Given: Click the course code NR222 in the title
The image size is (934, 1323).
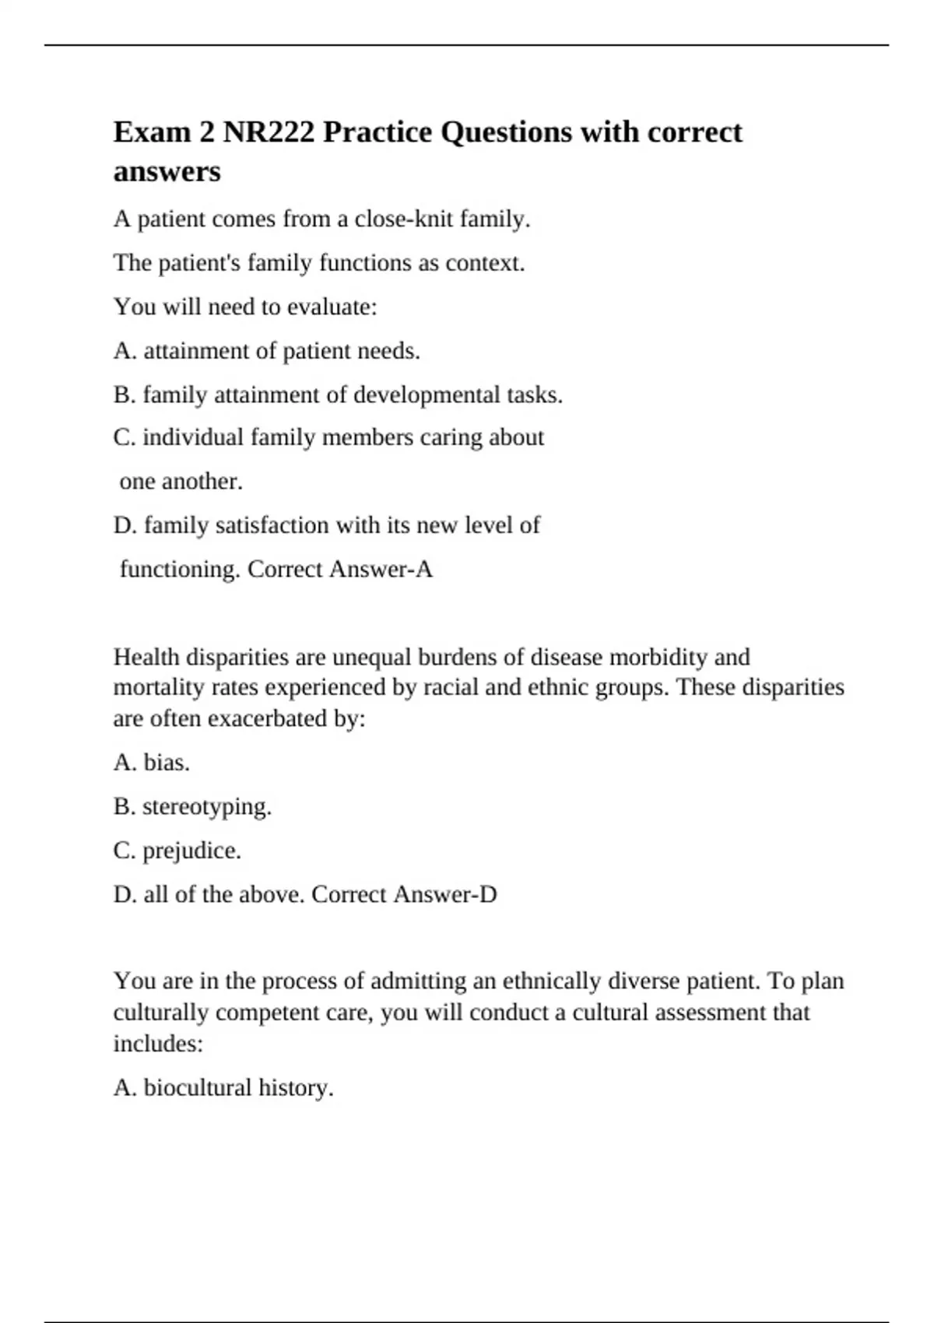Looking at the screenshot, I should (269, 132).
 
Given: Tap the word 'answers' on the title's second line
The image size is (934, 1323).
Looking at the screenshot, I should (167, 171).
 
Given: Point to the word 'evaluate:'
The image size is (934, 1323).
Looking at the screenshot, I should (332, 307).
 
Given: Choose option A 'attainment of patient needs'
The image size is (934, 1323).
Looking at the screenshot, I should (266, 351).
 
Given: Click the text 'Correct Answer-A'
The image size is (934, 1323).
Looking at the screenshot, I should (339, 570).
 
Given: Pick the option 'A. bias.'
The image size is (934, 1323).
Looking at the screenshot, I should (152, 762).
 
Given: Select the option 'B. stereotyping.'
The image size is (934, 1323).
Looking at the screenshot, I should (192, 806).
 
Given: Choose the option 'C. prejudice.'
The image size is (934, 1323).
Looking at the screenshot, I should (177, 850).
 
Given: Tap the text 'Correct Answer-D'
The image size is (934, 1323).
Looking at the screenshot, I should (404, 894).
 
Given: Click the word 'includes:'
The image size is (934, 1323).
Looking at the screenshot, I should (158, 1044).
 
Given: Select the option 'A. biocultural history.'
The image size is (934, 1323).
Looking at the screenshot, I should (223, 1087).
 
